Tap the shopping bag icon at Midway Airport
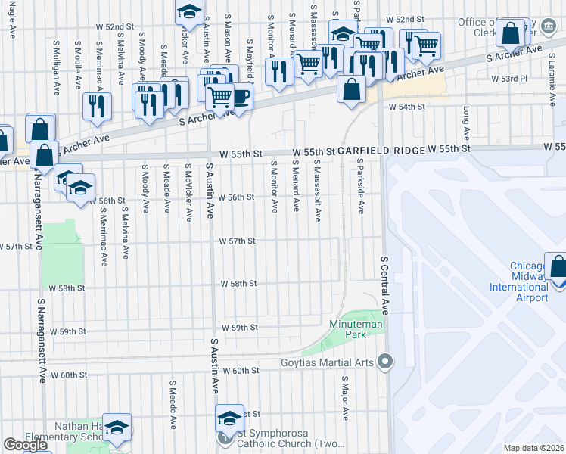[x=558, y=268]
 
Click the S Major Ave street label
[x=345, y=398]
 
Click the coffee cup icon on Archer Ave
[x=241, y=97]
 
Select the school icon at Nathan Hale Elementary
[x=117, y=428]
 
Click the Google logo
[x=26, y=444]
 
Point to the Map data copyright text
[x=534, y=448]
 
